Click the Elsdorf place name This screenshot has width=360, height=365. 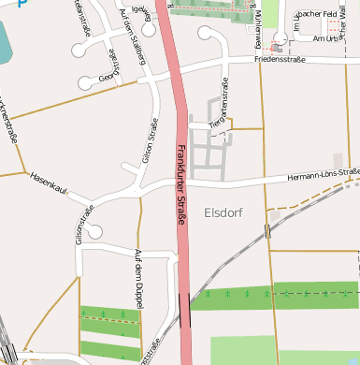(x=223, y=213)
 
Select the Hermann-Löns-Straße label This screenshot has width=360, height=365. (x=324, y=174)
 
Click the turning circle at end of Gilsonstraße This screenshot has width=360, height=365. (x=95, y=230)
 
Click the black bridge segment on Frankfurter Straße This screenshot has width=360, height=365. (x=183, y=307)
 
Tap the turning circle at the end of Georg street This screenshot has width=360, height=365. (x=86, y=82)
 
